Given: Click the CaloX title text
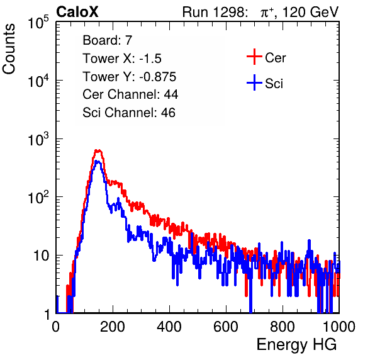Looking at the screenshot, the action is [x=77, y=12].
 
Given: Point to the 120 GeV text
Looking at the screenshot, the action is [x=310, y=12].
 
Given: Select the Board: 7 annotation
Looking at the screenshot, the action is [x=108, y=40].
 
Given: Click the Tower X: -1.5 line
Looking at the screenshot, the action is [x=122, y=58].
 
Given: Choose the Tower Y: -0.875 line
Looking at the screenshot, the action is [x=130, y=76].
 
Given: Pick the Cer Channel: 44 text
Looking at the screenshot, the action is [x=130, y=94].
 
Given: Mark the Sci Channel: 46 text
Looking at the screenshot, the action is [x=129, y=113].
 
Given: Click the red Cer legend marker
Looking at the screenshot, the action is [x=254, y=57].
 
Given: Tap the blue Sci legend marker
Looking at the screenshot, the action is [x=254, y=82].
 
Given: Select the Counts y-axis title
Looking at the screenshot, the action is [x=9, y=49].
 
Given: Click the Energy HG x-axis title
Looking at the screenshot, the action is [x=296, y=345].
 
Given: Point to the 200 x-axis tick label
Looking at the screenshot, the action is [x=113, y=327].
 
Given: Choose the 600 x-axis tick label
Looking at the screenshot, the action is [x=226, y=327].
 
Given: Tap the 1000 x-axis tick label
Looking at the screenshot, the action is [x=339, y=327].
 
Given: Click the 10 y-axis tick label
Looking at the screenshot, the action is [x=42, y=256].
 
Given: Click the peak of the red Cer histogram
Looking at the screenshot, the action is [x=98, y=150].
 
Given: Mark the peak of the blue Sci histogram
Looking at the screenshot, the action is [x=98, y=162].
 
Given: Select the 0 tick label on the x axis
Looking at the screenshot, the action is [x=56, y=327].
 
